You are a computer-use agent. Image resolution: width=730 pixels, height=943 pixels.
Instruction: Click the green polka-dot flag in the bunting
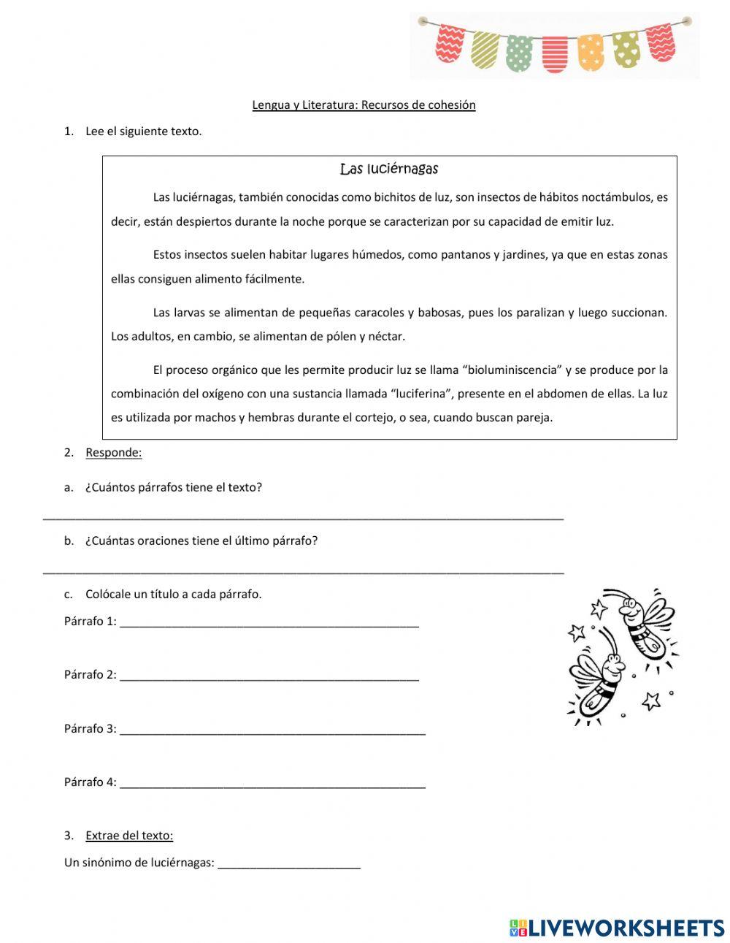point(519,53)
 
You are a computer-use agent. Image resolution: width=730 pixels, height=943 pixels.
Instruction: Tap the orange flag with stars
point(591,52)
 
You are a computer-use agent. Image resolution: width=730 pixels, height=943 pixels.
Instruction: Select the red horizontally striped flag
point(555,54)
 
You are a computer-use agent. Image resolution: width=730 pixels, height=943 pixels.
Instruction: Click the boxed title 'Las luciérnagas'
point(389,169)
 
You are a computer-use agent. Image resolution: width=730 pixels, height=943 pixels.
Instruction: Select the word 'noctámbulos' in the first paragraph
point(615,197)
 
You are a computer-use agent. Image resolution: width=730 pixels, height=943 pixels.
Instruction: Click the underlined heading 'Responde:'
point(114,452)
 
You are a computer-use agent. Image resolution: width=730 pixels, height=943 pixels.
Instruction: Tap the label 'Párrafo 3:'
point(90,728)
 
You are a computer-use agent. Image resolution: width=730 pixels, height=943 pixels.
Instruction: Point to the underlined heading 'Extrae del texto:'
point(129,836)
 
